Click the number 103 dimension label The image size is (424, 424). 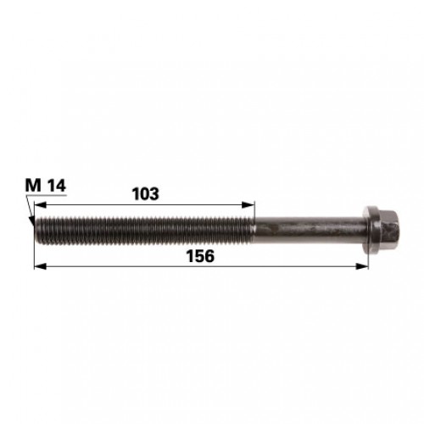click(x=146, y=193)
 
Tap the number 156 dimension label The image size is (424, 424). click(x=200, y=256)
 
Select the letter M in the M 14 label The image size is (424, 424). click(x=33, y=186)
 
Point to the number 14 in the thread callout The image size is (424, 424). click(x=57, y=186)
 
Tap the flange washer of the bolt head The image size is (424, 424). click(x=371, y=230)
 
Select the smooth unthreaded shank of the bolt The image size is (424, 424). click(x=309, y=230)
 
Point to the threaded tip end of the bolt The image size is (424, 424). click(x=36, y=230)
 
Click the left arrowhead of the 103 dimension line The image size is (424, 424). click(x=40, y=204)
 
